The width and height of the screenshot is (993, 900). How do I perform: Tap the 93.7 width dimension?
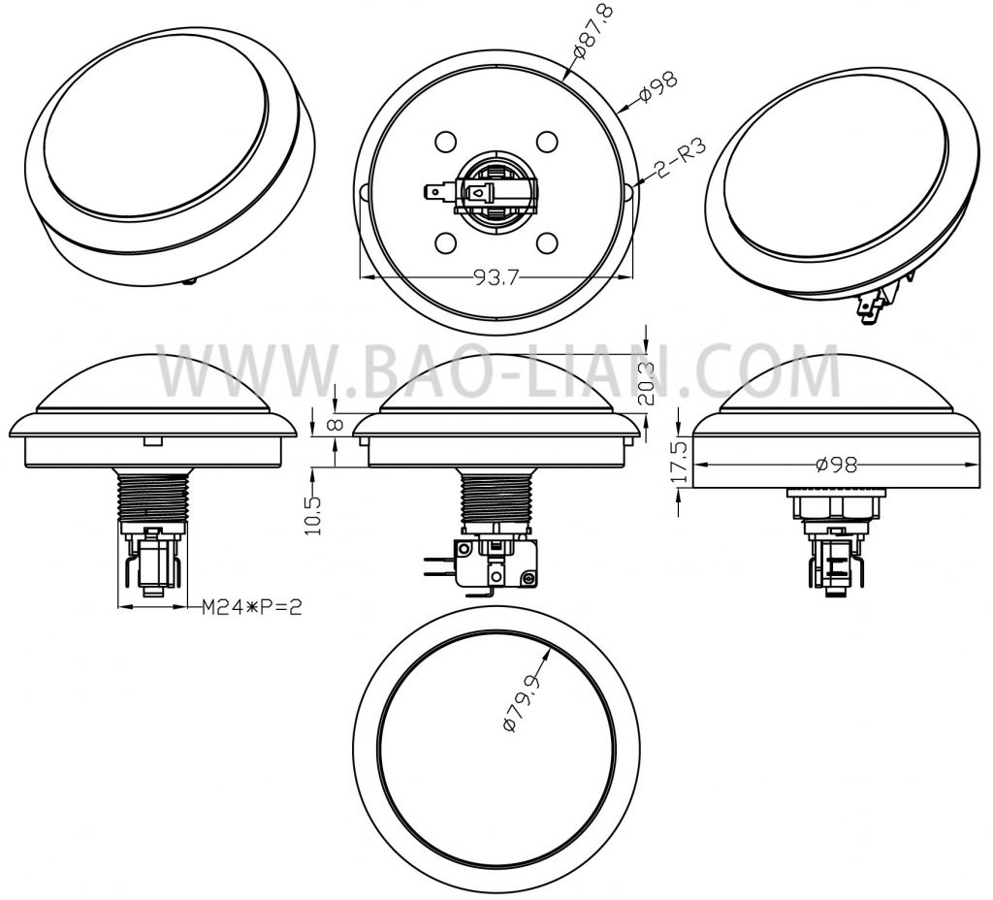click(496, 278)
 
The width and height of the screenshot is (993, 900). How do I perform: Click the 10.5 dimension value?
click(314, 515)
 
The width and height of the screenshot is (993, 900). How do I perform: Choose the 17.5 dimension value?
click(680, 463)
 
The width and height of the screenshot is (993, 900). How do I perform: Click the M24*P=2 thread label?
click(251, 608)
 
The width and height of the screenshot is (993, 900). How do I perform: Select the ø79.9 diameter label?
click(523, 703)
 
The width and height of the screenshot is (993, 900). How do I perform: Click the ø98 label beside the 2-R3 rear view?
click(658, 85)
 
